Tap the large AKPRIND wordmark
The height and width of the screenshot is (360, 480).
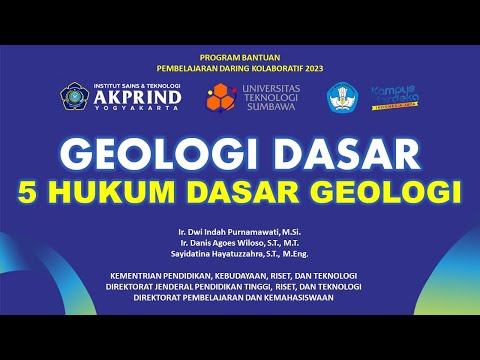coord(137,98)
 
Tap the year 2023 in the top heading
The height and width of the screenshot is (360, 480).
coord(311,68)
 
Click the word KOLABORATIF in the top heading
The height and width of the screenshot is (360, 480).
coord(268,68)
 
